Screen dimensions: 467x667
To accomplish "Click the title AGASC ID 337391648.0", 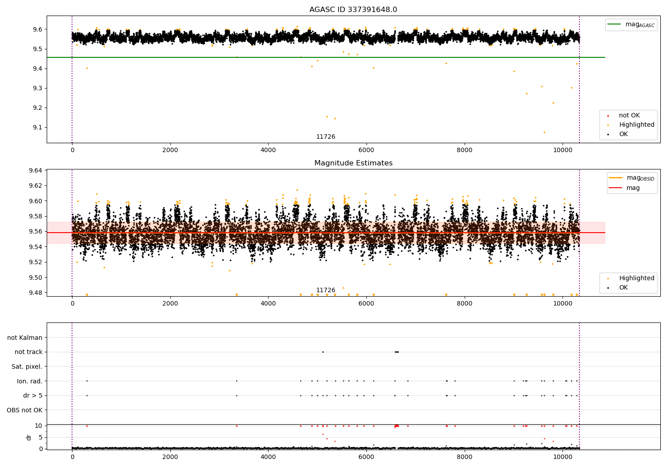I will pyautogui.click(x=353, y=10).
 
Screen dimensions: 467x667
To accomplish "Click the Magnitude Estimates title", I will pyautogui.click(x=353, y=163).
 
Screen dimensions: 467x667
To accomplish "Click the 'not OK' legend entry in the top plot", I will pyautogui.click(x=629, y=116).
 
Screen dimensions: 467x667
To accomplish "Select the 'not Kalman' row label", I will pyautogui.click(x=25, y=338).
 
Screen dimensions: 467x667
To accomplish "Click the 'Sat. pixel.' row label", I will pyautogui.click(x=27, y=366).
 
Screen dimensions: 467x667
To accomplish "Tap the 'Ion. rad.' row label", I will pyautogui.click(x=29, y=381).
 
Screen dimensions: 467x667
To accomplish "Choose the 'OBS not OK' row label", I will pyautogui.click(x=24, y=410).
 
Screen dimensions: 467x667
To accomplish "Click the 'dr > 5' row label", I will pyautogui.click(x=32, y=395).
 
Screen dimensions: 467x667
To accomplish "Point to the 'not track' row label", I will pyautogui.click(x=28, y=352).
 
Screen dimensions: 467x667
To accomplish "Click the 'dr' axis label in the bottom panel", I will pyautogui.click(x=29, y=437).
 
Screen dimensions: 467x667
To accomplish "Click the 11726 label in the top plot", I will pyautogui.click(x=325, y=137).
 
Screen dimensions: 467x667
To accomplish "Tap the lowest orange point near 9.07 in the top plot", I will pyautogui.click(x=544, y=132).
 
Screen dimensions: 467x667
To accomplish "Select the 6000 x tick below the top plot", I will pyautogui.click(x=366, y=150).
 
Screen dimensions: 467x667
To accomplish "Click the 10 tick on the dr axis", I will pyautogui.click(x=39, y=426).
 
